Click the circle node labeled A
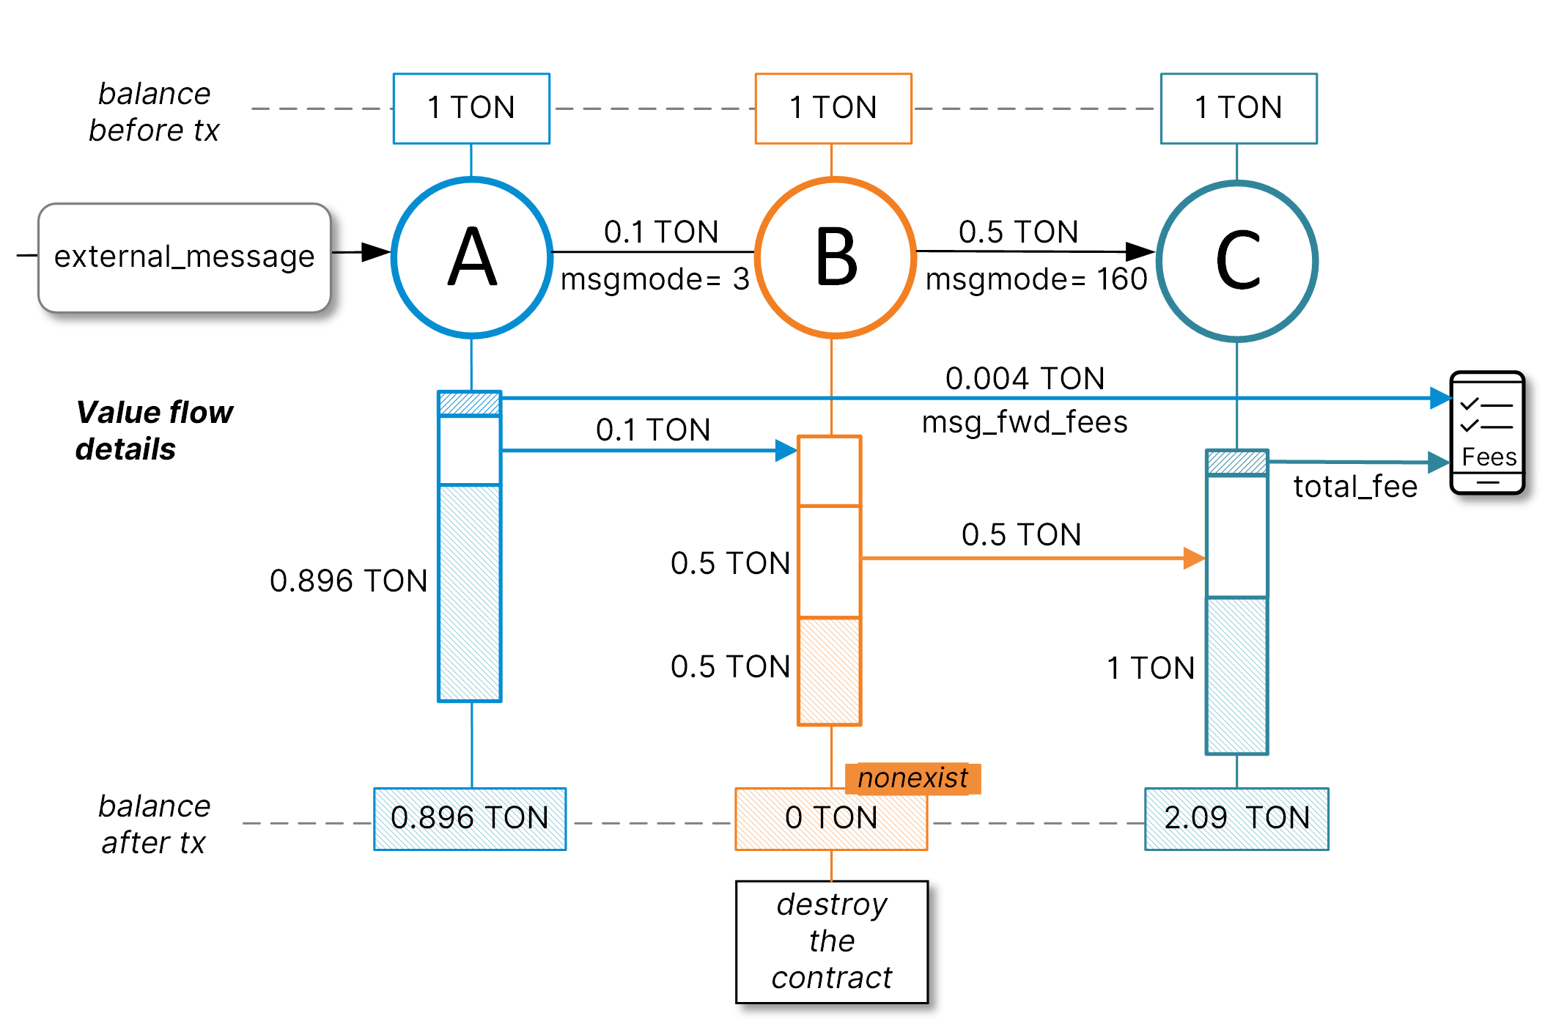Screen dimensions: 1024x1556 pyautogui.click(x=472, y=257)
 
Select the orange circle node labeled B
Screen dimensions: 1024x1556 pyautogui.click(x=835, y=257)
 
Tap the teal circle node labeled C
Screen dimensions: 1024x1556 pyautogui.click(x=1237, y=261)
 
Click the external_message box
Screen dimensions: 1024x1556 pyautogui.click(x=184, y=257)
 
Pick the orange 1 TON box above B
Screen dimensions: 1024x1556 pyautogui.click(x=833, y=108)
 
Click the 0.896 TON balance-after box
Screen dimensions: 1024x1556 pyautogui.click(x=470, y=818)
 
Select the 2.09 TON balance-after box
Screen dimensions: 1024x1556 pyautogui.click(x=1236, y=818)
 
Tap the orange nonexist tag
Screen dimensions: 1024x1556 pyautogui.click(x=912, y=778)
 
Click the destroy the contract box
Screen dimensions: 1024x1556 pyautogui.click(x=832, y=941)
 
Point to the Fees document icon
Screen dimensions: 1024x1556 pyautogui.click(x=1488, y=432)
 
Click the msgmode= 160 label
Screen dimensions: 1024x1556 pyautogui.click(x=1036, y=279)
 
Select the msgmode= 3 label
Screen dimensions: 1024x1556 pyautogui.click(x=655, y=279)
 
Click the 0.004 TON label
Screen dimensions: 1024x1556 pyautogui.click(x=1025, y=378)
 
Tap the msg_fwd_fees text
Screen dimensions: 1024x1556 pyautogui.click(x=1025, y=422)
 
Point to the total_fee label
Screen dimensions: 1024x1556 pyautogui.click(x=1355, y=487)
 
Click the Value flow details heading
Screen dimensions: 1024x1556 pyautogui.click(x=154, y=430)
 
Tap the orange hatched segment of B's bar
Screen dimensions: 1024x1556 pyautogui.click(x=830, y=671)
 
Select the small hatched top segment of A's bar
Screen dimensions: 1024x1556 pyautogui.click(x=470, y=403)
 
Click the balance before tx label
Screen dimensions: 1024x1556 pyautogui.click(x=154, y=111)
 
